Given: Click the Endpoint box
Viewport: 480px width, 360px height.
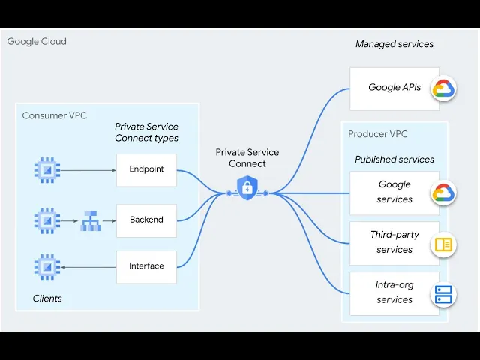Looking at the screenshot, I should [x=146, y=170].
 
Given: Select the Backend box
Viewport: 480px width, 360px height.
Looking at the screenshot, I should [x=146, y=220].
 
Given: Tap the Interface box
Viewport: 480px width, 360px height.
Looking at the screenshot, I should [x=146, y=266].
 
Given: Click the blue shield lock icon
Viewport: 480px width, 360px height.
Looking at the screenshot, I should [x=247, y=187].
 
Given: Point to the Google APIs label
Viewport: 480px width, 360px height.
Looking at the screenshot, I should [x=394, y=88].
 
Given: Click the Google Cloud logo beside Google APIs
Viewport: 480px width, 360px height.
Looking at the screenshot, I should [x=443, y=88].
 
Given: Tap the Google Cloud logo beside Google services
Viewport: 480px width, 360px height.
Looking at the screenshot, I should [x=443, y=193].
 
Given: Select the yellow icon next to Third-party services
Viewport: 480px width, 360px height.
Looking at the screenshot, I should [x=443, y=244].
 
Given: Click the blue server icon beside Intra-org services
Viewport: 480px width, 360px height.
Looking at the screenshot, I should [x=443, y=294].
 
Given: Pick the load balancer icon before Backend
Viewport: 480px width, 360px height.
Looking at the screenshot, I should [x=90, y=221].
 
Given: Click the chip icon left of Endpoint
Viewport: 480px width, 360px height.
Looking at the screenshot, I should [x=47, y=170].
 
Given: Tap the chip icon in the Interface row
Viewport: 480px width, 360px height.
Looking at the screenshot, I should [x=47, y=266].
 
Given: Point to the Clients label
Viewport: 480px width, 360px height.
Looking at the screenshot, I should [x=47, y=298].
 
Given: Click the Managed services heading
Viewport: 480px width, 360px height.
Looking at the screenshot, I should [x=394, y=44].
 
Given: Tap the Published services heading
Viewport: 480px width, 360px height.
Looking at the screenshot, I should [x=394, y=160].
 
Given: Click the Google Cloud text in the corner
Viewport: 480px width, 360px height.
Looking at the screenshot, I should [x=37, y=41].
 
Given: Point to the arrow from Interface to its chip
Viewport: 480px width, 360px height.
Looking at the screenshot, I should [x=88, y=266].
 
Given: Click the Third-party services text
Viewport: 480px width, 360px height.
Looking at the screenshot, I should [x=394, y=242].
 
